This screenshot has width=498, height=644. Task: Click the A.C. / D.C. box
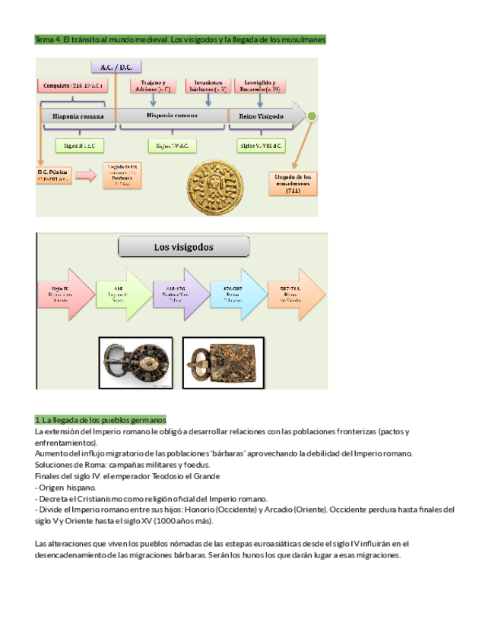[x=116, y=67]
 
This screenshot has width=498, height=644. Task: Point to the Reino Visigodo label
[x=261, y=116]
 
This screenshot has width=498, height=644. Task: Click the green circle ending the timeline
[x=312, y=116]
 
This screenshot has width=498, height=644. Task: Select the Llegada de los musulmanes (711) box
[x=293, y=182]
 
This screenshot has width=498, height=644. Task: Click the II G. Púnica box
[x=55, y=177]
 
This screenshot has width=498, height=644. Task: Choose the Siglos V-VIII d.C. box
[x=261, y=144]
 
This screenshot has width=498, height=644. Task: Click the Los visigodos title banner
[x=184, y=247]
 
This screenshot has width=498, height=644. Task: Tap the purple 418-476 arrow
[x=182, y=295]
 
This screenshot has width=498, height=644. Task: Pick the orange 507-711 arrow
[x=297, y=295]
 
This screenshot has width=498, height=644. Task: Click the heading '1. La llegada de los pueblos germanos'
[x=100, y=420]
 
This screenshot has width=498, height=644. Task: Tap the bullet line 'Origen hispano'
[x=66, y=487]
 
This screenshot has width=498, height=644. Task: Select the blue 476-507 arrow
[x=239, y=295]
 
